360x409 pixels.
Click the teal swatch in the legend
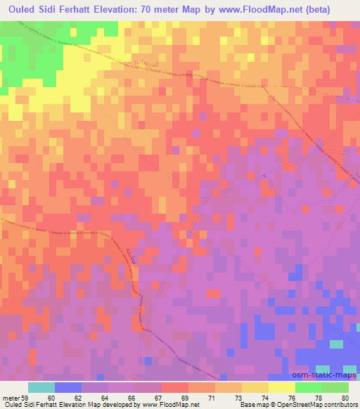point(41,387)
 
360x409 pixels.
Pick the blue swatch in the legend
point(68,387)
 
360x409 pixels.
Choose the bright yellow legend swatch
point(281,387)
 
